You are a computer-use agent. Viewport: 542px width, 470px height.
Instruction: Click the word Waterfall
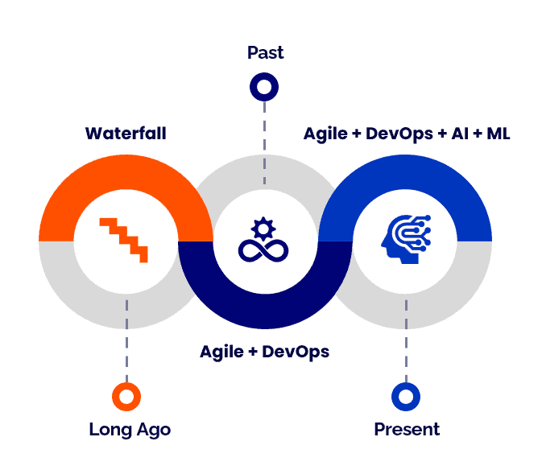pyautogui.click(x=126, y=133)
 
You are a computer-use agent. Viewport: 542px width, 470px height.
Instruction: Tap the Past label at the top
pyautogui.click(x=265, y=54)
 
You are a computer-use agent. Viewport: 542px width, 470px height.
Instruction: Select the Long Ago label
pyautogui.click(x=130, y=429)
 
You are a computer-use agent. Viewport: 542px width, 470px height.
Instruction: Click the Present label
pyautogui.click(x=407, y=429)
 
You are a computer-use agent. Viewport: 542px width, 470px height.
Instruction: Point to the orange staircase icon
pyautogui.click(x=125, y=238)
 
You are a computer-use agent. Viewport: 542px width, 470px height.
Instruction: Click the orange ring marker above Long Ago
pyautogui.click(x=126, y=396)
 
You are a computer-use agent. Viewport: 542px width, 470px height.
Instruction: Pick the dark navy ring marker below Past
pyautogui.click(x=264, y=86)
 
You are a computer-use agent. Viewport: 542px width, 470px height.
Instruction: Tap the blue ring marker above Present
pyautogui.click(x=405, y=396)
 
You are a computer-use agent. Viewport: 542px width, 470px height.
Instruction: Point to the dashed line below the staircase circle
pyautogui.click(x=126, y=338)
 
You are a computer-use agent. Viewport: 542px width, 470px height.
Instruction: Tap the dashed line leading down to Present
pyautogui.click(x=405, y=338)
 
